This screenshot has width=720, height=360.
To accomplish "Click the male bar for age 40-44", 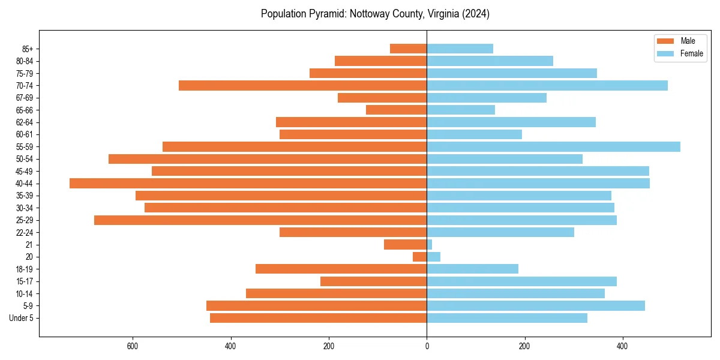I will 248,183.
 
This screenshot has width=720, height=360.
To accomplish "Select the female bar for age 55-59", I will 553,146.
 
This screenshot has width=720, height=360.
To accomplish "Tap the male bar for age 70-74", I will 302,85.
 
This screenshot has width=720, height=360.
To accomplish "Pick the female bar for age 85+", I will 460,49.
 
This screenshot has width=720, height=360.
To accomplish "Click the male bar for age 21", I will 405,244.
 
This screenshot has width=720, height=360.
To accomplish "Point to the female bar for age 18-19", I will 472,269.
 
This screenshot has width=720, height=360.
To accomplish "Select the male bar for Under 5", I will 318,318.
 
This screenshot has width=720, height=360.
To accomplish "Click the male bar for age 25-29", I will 260,220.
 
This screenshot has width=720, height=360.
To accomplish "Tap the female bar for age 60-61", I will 474,134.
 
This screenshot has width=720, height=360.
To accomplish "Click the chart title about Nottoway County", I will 375,14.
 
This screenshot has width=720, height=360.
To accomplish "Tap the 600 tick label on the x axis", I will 133,346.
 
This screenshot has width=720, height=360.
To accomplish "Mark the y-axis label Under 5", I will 22,318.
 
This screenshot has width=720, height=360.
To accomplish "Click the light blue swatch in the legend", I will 666,53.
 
